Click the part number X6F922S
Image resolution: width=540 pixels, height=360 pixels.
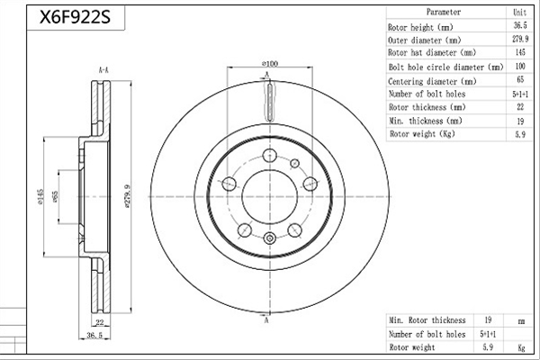[x=75, y=17]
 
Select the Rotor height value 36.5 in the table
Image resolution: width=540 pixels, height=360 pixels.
[x=520, y=25]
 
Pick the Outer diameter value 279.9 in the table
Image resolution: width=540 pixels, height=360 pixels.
[x=520, y=39]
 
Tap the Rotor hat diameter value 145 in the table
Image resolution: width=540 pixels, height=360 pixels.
[x=520, y=52]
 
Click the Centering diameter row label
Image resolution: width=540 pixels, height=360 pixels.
[x=432, y=82]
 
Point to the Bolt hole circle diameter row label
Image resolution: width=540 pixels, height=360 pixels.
[x=446, y=67]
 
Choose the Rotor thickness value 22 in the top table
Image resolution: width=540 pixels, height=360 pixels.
[x=520, y=107]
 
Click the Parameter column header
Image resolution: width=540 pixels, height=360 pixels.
[x=444, y=12]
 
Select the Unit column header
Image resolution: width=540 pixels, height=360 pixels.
[x=519, y=13]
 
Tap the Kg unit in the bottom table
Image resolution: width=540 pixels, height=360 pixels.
[x=521, y=347]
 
